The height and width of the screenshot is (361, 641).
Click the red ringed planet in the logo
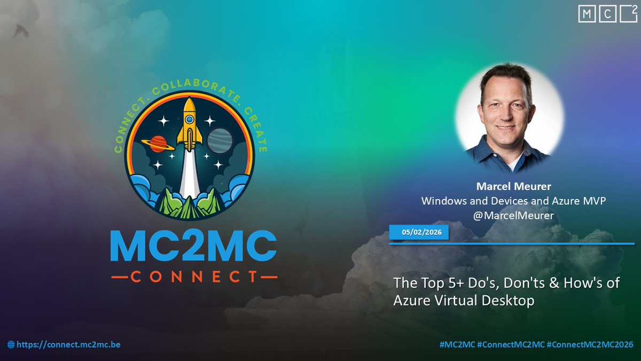(x=158, y=143)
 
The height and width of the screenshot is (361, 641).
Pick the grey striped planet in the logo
(x=218, y=140)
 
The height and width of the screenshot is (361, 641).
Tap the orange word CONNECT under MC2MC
(x=193, y=276)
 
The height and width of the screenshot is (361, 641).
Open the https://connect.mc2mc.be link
(x=68, y=345)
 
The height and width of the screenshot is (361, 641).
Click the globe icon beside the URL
(x=11, y=345)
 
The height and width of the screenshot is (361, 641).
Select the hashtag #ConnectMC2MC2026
(x=590, y=345)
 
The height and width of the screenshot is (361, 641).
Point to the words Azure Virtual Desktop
(x=464, y=301)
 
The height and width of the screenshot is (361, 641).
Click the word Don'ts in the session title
(x=515, y=282)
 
